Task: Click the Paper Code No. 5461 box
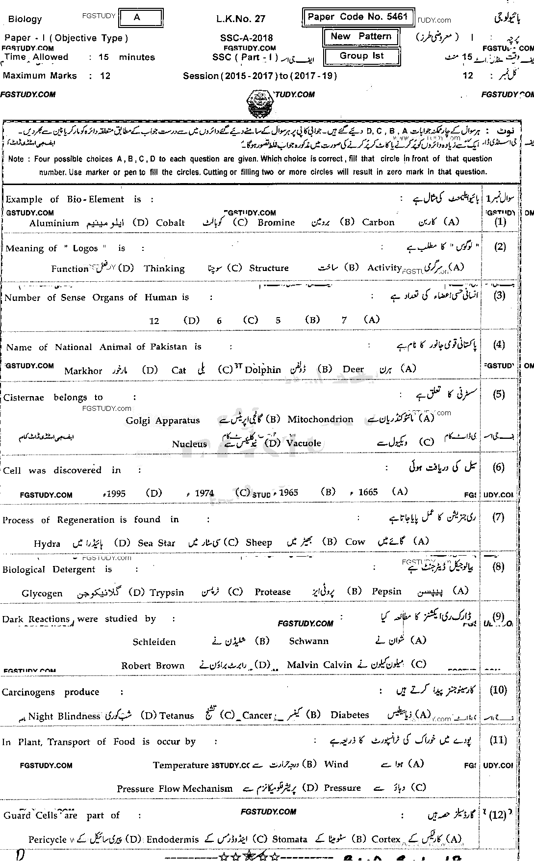coord(357,17)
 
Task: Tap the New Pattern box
coord(361,37)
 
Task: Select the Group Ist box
coord(361,55)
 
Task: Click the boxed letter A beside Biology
coord(137,18)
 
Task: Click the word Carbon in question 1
coord(378,222)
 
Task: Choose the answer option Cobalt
coord(170,223)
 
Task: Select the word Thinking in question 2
coord(164,269)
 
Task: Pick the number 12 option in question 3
coord(154,321)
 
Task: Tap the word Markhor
coord(83,371)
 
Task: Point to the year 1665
coord(368,492)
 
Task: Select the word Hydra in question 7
coord(47,544)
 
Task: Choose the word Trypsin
coord(167,593)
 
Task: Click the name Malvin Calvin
coord(319,665)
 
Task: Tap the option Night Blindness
coord(64,716)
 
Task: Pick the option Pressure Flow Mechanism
coord(175,789)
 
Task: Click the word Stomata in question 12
coord(290,839)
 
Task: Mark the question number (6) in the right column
coord(498,467)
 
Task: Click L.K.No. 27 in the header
coord(240,19)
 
